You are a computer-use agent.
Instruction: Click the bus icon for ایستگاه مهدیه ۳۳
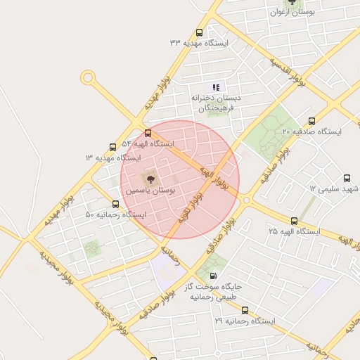pyautogui.click(x=199, y=32)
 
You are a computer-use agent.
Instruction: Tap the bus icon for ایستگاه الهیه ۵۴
pyautogui.click(x=148, y=132)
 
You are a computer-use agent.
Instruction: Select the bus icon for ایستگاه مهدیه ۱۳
pyautogui.click(x=113, y=146)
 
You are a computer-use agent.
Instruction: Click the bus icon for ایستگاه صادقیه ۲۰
pyautogui.click(x=311, y=120)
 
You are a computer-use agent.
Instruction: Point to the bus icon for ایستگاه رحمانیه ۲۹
pyautogui.click(x=245, y=310)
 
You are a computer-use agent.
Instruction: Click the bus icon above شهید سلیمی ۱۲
pyautogui.click(x=346, y=178)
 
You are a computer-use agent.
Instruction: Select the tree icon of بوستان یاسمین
pyautogui.click(x=148, y=179)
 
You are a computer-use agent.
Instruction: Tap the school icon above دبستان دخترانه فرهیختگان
pyautogui.click(x=216, y=87)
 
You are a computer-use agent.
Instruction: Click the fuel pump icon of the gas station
pyautogui.click(x=214, y=276)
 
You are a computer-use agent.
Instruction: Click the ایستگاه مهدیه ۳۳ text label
pyautogui.click(x=199, y=44)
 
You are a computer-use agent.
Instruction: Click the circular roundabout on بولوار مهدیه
pyautogui.click(x=88, y=77)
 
